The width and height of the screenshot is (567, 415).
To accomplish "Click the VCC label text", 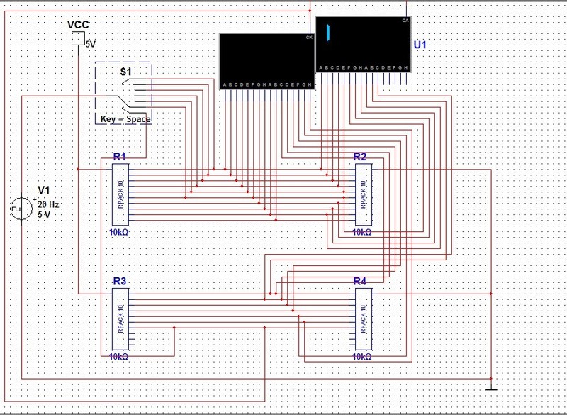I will [78, 25].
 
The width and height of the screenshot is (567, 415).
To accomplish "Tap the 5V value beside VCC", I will [90, 44].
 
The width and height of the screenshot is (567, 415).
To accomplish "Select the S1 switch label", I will [125, 72].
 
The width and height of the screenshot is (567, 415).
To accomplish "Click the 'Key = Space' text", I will [125, 119].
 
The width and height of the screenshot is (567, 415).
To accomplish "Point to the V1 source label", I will [45, 189].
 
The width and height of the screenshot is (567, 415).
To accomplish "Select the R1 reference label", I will [119, 156].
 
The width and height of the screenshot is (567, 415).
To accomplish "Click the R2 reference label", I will [360, 156].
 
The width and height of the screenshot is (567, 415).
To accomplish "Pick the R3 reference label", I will [119, 282].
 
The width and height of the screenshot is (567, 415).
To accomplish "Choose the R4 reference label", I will [360, 282].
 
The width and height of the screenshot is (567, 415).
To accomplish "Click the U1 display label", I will [420, 44].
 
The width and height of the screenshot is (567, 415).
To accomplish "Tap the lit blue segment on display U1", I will [329, 33].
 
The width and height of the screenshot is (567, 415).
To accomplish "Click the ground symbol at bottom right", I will [490, 388].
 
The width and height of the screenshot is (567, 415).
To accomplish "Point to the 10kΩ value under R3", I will [119, 358].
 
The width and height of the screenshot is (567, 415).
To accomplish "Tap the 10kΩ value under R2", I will [362, 232].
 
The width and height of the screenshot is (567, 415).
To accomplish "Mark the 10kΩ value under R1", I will [119, 232].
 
